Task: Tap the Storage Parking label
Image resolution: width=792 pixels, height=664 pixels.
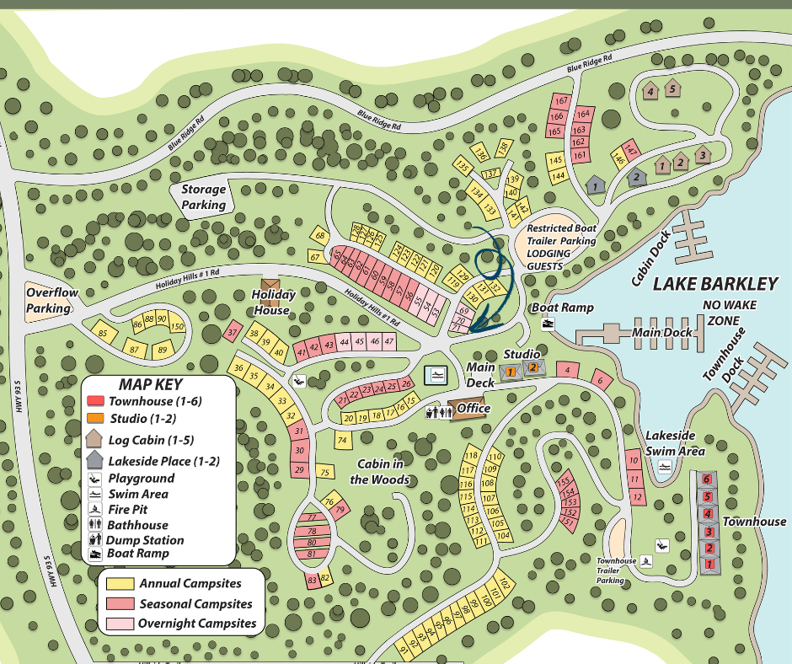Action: click(x=205, y=197)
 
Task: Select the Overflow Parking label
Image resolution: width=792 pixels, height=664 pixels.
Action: click(x=51, y=301)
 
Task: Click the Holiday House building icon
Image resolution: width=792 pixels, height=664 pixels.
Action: click(x=270, y=289)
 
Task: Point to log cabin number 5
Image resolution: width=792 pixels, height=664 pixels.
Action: click(x=672, y=88)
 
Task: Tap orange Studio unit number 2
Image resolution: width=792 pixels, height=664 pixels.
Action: click(x=532, y=368)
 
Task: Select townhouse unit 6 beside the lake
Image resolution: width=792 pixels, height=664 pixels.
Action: click(x=707, y=479)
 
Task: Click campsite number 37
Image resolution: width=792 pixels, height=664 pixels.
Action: click(x=233, y=333)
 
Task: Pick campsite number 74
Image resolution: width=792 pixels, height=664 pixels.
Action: click(x=341, y=440)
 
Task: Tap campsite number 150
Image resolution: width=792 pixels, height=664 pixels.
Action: click(x=176, y=327)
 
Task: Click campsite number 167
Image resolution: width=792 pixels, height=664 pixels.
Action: click(x=561, y=101)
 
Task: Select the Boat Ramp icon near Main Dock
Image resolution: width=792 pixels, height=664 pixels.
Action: click(x=549, y=325)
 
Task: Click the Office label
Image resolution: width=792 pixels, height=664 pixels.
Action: click(x=473, y=409)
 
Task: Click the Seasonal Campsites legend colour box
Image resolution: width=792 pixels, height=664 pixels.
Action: click(x=120, y=604)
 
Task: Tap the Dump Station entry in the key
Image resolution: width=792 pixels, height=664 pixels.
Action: click(x=144, y=540)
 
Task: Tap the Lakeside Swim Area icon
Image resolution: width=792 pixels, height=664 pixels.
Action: click(x=666, y=467)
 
